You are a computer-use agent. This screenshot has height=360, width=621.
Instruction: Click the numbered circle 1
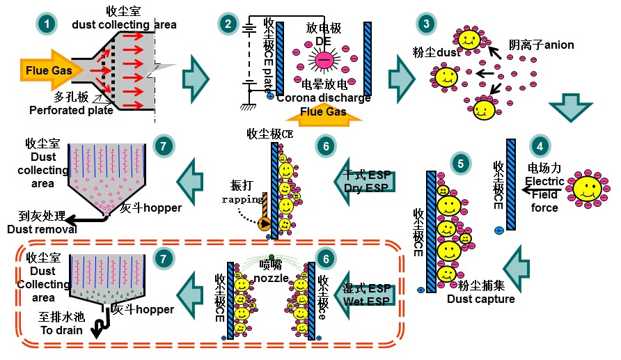point(46,24)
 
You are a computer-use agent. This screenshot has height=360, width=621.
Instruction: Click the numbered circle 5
point(457,164)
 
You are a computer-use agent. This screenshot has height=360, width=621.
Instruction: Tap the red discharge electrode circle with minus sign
point(324,61)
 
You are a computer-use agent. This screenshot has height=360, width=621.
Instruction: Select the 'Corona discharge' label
point(323,98)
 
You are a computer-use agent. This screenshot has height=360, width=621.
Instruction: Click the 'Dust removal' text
point(38,229)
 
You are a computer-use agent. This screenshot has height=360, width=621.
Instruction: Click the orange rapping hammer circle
point(265,224)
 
